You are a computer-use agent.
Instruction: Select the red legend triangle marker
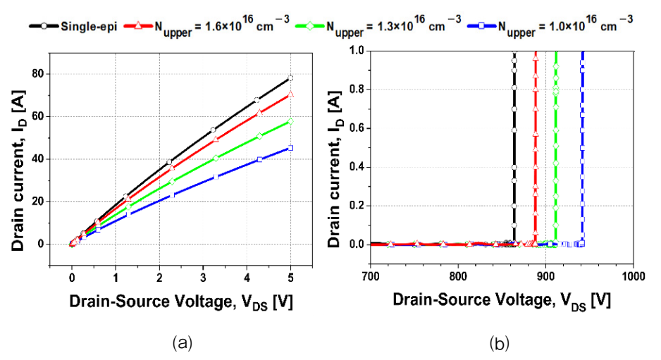click(138, 25)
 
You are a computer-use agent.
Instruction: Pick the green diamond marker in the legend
click(310, 25)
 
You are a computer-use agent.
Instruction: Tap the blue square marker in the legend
click(481, 25)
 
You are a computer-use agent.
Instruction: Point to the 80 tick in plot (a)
click(37, 74)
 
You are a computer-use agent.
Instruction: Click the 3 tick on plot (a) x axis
click(203, 278)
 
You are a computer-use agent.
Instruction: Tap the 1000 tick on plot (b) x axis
click(633, 277)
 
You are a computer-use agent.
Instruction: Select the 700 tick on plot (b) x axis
click(370, 277)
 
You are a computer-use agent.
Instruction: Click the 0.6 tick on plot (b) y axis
click(357, 128)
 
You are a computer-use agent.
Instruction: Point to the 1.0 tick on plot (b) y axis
click(357, 51)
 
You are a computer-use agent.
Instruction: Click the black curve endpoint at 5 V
click(290, 78)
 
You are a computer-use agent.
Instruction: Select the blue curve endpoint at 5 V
click(290, 148)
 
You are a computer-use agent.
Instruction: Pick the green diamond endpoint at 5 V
click(290, 121)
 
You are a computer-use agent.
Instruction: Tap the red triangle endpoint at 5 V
click(290, 94)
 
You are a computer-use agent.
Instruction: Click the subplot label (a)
click(183, 342)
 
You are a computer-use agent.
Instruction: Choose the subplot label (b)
click(500, 342)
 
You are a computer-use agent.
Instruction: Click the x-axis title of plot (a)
click(181, 303)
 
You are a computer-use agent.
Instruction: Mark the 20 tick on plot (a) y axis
click(37, 201)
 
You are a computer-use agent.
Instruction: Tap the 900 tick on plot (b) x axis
click(545, 277)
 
